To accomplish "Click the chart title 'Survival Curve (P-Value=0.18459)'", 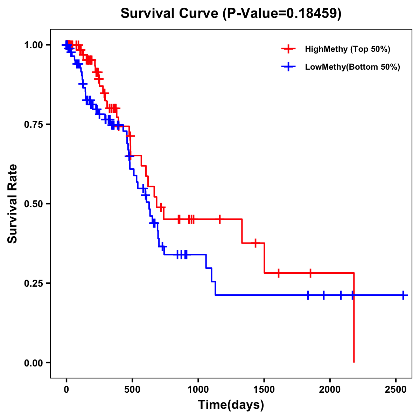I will click(x=231, y=13).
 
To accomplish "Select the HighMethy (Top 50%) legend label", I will click(x=347, y=49).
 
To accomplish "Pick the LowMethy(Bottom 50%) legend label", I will click(x=352, y=67).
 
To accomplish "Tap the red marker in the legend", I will click(x=288, y=49).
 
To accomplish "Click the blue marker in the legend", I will click(x=288, y=67).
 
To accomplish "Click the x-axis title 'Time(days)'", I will click(x=231, y=405).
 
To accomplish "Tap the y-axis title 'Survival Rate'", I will click(x=13, y=204).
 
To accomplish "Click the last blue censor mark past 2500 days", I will click(x=403, y=295).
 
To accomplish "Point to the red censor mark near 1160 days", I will click(x=219, y=219).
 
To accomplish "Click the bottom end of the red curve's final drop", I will click(x=354, y=362).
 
